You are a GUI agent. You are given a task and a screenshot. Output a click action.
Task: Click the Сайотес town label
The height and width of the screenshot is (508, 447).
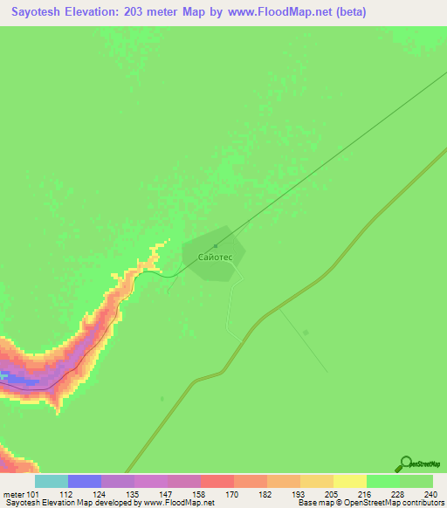[x=214, y=258]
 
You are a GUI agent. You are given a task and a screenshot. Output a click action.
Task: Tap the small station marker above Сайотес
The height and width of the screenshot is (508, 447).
[x=215, y=245]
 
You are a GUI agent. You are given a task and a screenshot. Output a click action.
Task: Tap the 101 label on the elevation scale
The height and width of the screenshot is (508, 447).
[x=32, y=495]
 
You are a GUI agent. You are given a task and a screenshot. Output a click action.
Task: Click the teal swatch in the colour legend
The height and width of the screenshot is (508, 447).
[x=51, y=481]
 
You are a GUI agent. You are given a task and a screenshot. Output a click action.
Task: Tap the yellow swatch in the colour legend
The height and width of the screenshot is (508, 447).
[x=349, y=481]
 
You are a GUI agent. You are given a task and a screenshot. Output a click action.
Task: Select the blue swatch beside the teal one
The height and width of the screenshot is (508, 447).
[x=85, y=481]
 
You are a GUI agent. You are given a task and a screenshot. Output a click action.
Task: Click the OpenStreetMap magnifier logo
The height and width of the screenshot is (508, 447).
[x=405, y=464]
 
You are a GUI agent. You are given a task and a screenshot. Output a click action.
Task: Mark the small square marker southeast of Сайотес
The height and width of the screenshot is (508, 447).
[x=306, y=332]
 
